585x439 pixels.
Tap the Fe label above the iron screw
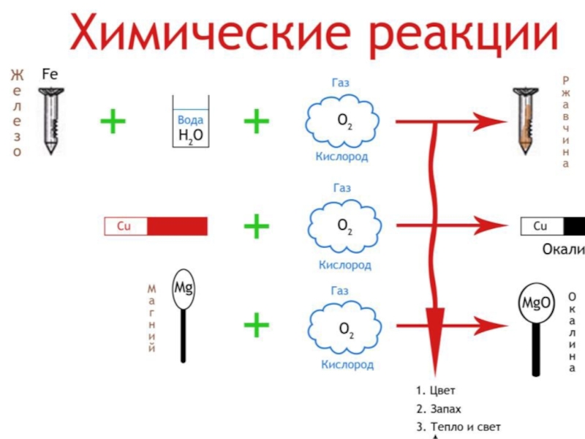tap(50, 73)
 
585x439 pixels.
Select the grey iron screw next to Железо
tap(49, 117)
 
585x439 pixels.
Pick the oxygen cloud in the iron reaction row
tap(341, 124)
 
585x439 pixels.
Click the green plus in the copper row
tap(257, 226)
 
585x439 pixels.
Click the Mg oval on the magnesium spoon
tap(183, 287)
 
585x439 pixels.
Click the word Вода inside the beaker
tap(191, 120)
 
